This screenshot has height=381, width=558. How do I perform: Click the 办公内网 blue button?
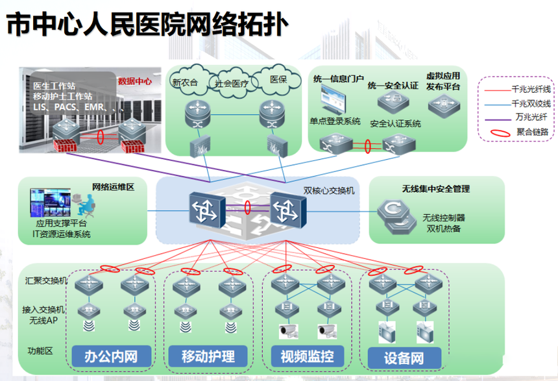tap(112, 356)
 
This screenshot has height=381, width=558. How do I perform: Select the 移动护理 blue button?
tap(208, 356)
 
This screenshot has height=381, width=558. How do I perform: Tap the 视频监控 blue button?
tap(307, 356)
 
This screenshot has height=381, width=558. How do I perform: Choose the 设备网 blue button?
tap(404, 358)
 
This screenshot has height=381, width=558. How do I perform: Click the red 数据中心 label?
tap(135, 81)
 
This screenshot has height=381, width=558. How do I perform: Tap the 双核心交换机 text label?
tap(329, 191)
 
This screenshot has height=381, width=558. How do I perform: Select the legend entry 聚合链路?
tap(520, 132)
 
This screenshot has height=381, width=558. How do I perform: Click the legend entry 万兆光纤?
tap(516, 117)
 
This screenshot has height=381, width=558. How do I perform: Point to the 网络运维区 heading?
tap(113, 187)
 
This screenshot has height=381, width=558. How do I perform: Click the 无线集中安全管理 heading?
tap(436, 189)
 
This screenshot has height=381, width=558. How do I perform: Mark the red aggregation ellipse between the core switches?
tap(247, 208)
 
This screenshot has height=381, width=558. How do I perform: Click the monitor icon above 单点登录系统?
tap(333, 101)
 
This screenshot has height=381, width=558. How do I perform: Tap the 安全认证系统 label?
tap(395, 123)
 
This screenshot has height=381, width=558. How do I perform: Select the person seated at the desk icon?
tap(86, 206)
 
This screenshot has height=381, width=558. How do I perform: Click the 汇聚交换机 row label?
tap(46, 280)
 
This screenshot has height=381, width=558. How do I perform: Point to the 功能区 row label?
tap(40, 350)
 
